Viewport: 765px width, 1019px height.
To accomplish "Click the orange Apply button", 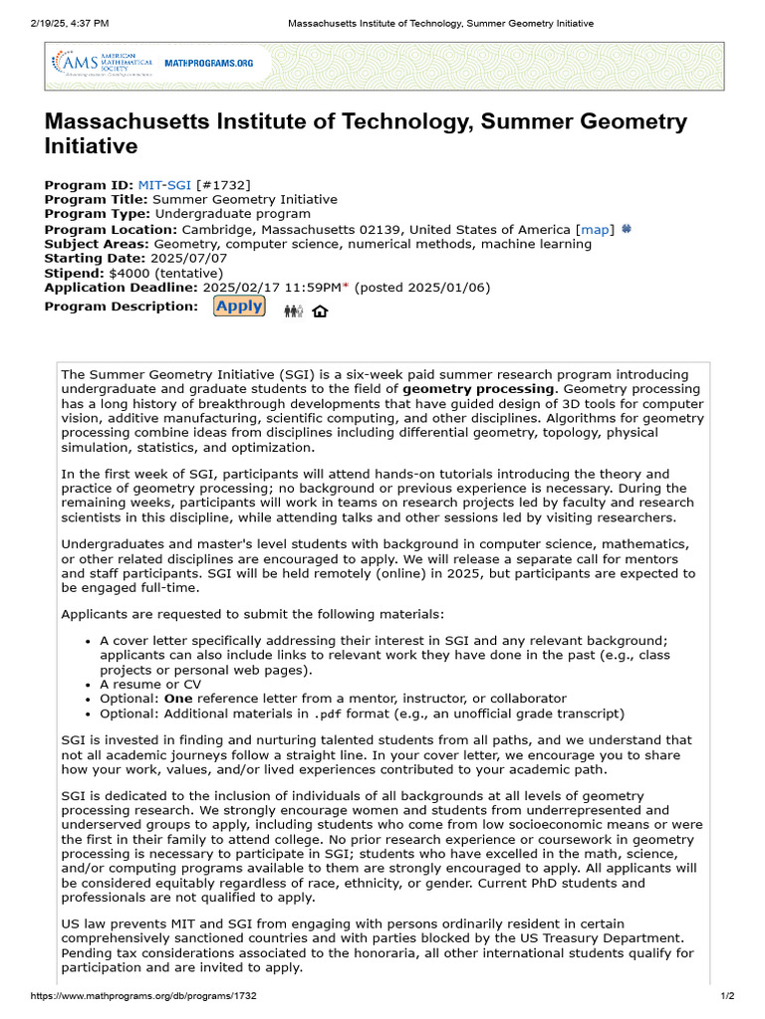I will point(239,306).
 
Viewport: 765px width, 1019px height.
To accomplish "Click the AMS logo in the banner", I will point(95,64).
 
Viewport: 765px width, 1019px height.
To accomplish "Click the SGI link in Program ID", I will point(180,185).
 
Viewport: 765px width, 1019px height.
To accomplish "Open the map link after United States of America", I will point(595,229).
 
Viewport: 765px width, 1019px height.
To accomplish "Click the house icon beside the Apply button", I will point(320,311).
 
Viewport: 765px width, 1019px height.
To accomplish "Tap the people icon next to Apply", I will point(293,311).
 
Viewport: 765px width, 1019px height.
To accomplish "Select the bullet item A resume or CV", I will point(150,685).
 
